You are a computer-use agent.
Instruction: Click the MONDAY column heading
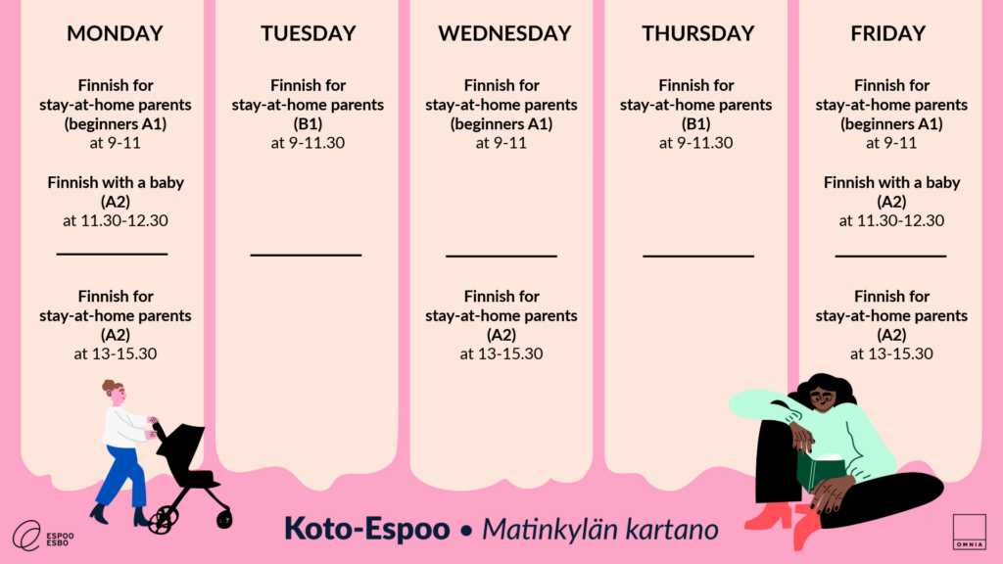116,33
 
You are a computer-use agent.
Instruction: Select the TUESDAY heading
309,33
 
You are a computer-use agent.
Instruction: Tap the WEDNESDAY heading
504,33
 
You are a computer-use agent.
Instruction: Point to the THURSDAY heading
698,33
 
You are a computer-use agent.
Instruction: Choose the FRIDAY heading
887,33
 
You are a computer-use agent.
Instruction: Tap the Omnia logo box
969,532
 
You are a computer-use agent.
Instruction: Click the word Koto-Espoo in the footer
367,529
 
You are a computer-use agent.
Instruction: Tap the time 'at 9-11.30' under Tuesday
308,143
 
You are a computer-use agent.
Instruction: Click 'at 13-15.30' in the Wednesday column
501,353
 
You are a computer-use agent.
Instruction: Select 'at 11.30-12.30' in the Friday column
891,220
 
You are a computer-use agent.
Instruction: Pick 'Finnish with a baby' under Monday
116,183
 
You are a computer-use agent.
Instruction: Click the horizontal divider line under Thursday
698,256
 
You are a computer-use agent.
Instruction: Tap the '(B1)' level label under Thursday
696,123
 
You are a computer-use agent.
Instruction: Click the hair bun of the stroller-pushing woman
108,385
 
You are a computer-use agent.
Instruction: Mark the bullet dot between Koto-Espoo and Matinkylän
466,531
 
